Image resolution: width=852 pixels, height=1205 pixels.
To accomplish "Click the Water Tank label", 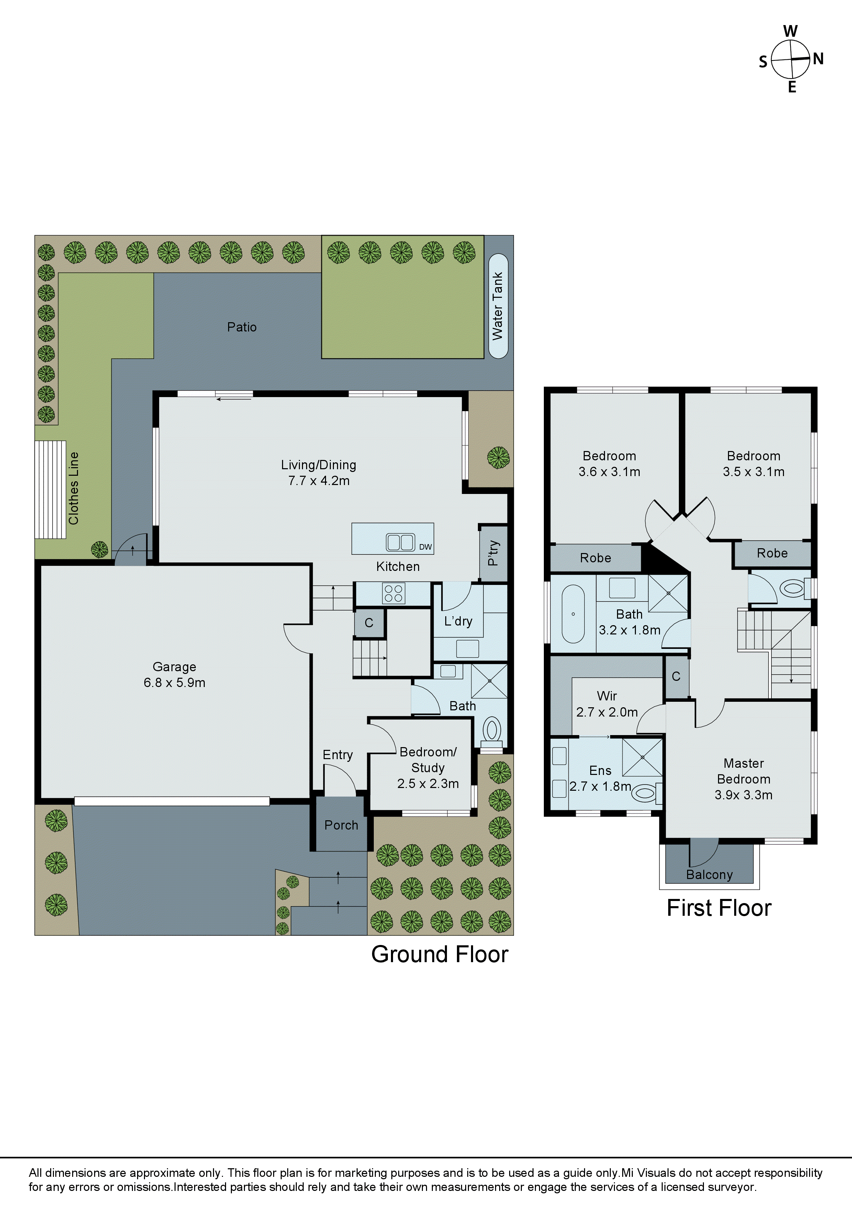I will (498, 306).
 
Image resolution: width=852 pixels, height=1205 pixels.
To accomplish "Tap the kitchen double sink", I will (400, 542).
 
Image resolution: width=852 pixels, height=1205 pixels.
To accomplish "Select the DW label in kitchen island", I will (425, 547).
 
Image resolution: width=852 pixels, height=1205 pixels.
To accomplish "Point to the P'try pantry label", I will (493, 553).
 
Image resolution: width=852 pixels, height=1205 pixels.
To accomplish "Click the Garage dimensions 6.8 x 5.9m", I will (174, 683).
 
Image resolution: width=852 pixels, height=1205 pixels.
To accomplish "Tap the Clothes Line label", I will (74, 488).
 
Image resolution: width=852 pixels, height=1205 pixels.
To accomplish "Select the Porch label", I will (341, 825).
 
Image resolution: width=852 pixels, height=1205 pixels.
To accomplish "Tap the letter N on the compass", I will (818, 59).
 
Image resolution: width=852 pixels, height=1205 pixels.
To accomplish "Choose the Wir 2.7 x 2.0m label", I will (607, 704).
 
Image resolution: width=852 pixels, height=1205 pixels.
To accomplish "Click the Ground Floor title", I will (439, 954).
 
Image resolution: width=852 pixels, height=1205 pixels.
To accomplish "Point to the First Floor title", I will (719, 908).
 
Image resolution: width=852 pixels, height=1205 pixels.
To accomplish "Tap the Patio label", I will (242, 327).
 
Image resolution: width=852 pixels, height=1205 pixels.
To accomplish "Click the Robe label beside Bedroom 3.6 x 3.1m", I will (595, 558).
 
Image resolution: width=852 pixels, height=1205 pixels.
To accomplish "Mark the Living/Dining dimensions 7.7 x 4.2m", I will (319, 481).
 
